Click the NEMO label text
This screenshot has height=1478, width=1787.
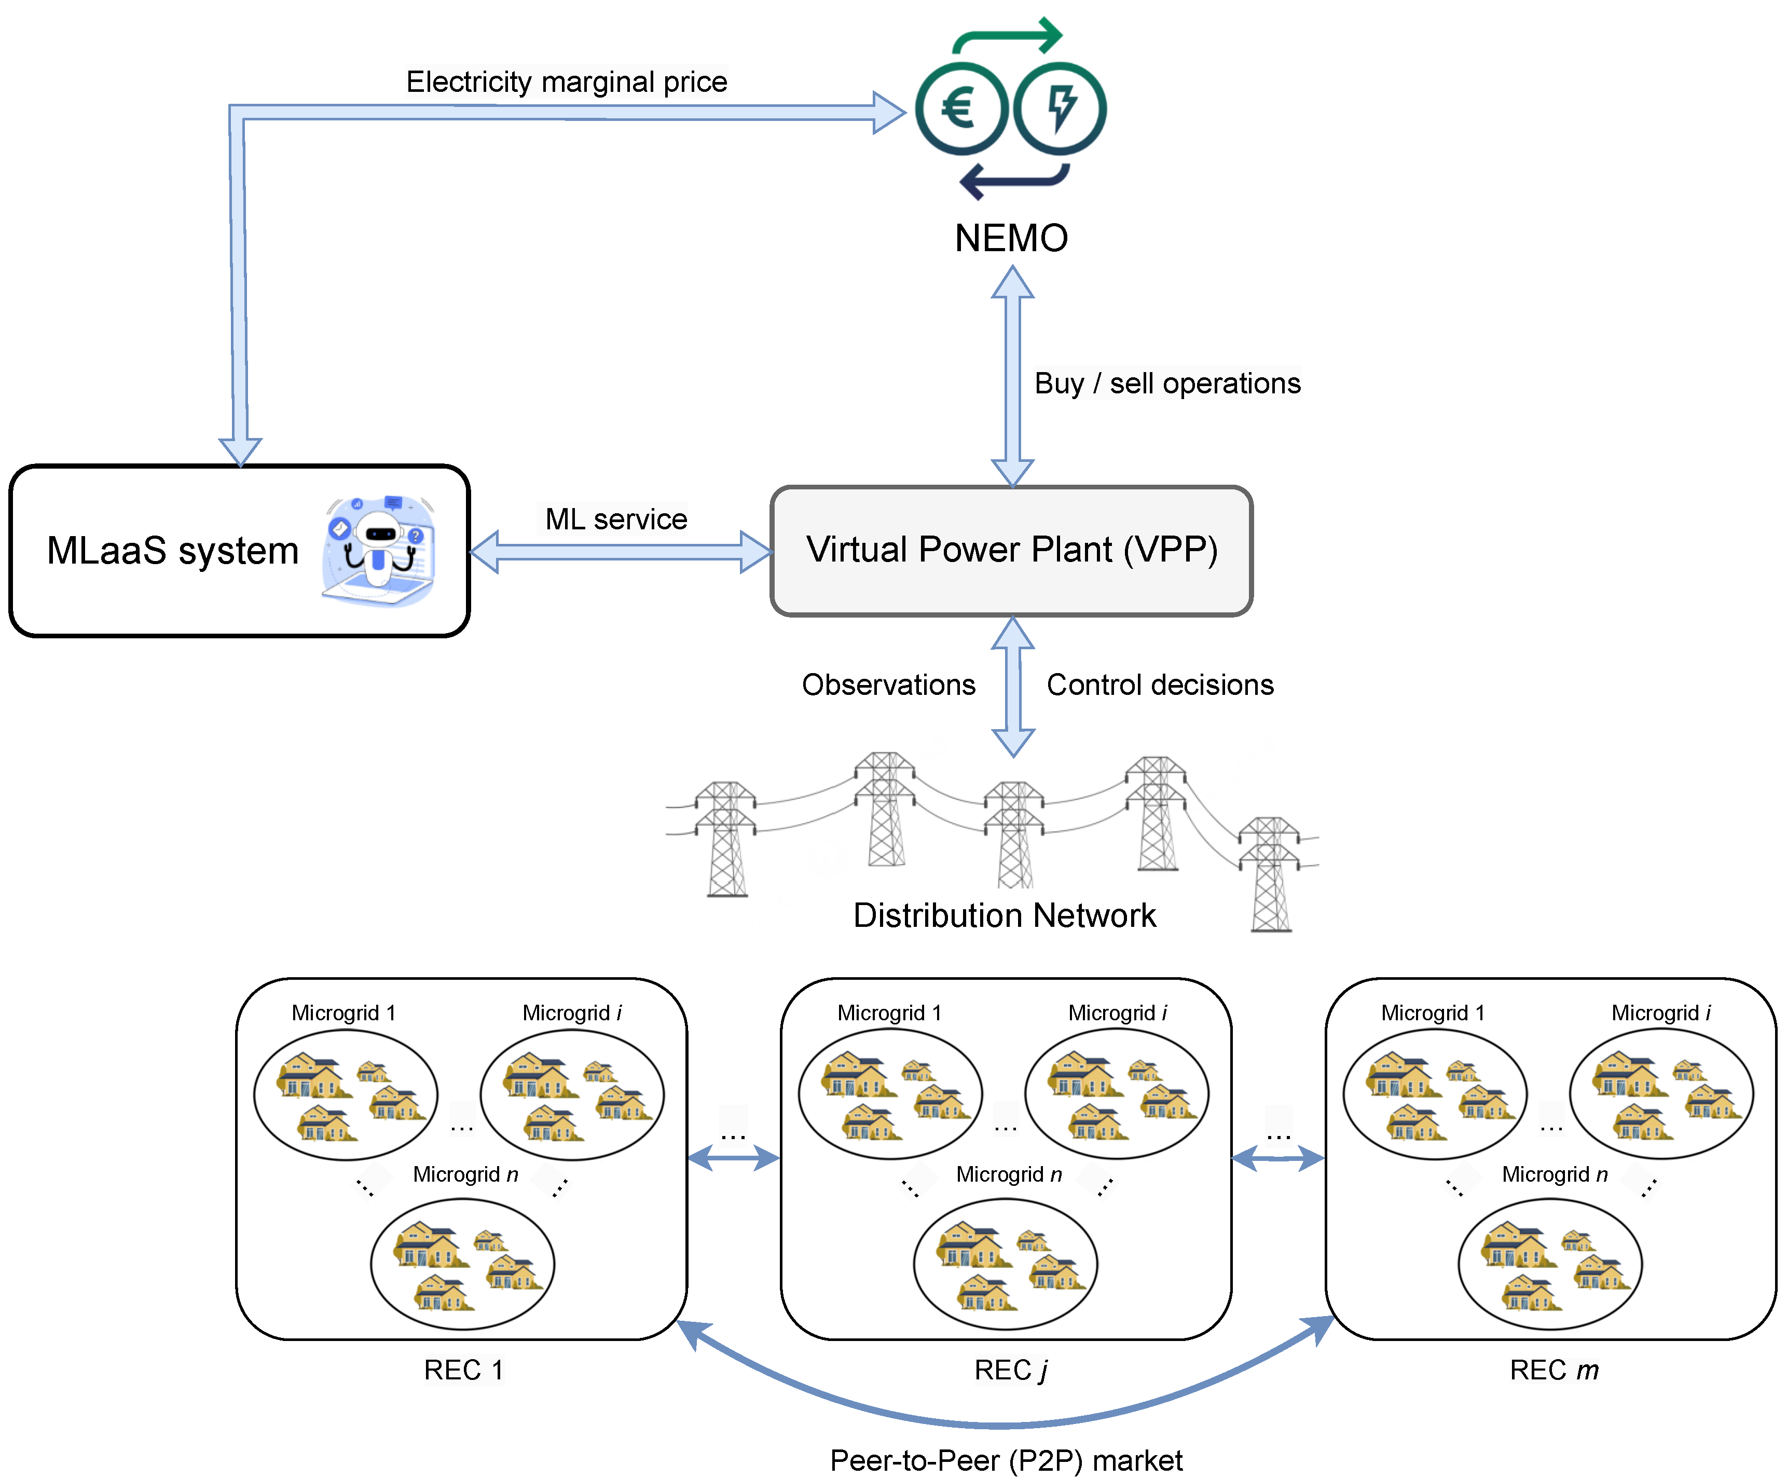[1011, 238]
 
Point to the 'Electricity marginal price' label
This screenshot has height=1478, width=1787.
[567, 81]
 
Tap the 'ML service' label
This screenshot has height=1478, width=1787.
[616, 519]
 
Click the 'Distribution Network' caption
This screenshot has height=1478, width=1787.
[1004, 915]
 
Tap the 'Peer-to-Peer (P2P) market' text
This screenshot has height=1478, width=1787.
[1006, 1460]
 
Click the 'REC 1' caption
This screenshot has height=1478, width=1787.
[464, 1370]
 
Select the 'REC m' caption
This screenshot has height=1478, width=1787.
[1554, 1370]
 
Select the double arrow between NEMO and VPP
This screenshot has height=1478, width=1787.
[1013, 376]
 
